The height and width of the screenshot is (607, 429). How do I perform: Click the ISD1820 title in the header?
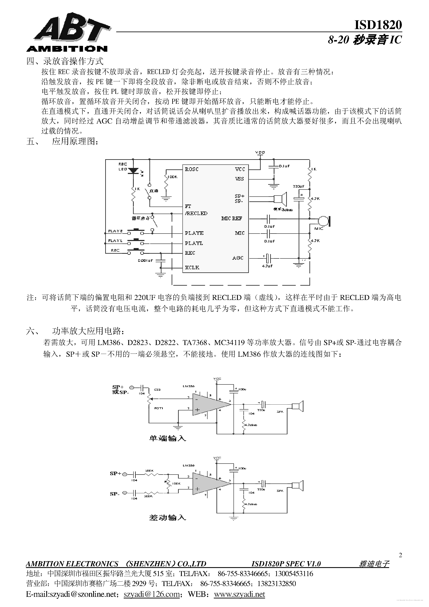pos(378,25)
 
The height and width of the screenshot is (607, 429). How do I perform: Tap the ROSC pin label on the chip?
pos(192,169)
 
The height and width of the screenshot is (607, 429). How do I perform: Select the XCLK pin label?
pos(192,268)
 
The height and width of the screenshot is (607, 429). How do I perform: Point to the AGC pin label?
pos(238,258)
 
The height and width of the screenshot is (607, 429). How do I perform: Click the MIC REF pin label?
pos(232,218)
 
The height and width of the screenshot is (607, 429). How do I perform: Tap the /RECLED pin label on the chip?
pos(196,213)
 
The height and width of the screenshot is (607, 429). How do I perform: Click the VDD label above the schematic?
pos(260,153)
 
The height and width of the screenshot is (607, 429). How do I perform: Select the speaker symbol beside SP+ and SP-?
pos(281,199)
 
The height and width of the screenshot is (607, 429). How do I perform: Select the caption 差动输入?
pos(167,517)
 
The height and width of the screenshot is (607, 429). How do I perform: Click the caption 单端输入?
pos(167,438)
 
